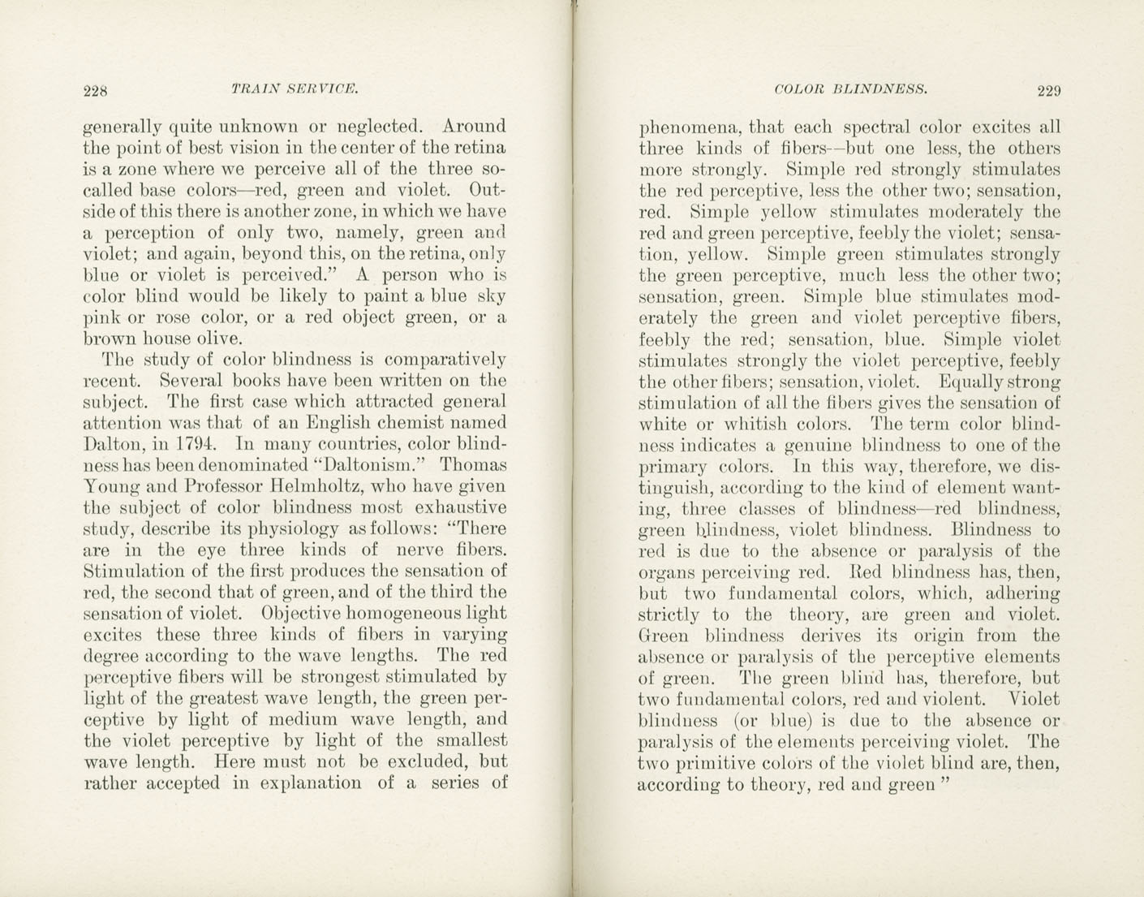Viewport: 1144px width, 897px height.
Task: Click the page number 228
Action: (x=96, y=90)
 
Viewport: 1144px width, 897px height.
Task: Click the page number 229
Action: (x=1048, y=90)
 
